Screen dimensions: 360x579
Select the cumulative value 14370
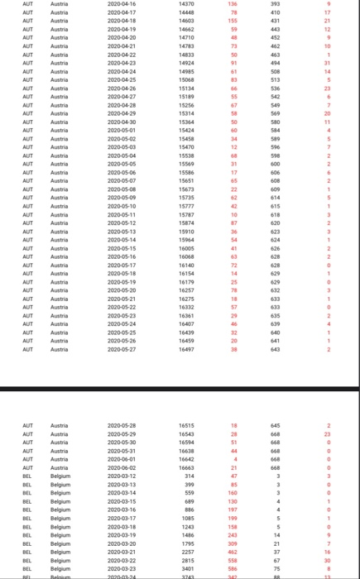coord(186,4)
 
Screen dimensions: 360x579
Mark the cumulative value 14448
coord(186,13)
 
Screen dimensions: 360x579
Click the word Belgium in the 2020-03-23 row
coord(60,569)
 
